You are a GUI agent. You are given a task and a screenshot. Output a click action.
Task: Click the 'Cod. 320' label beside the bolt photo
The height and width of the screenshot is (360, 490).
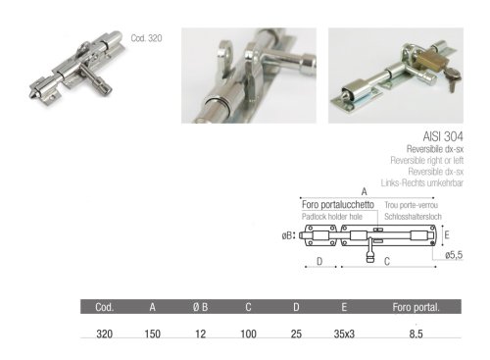coord(145,38)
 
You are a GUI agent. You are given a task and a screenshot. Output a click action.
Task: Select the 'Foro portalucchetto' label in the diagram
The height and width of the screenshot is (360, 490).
coord(334,203)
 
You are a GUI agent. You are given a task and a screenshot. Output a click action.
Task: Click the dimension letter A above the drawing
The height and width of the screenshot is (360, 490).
coord(363,191)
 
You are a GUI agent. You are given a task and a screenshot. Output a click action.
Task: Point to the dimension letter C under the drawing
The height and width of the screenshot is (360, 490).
coord(387,262)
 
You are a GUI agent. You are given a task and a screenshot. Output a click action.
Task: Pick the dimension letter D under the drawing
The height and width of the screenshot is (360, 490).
coord(320,262)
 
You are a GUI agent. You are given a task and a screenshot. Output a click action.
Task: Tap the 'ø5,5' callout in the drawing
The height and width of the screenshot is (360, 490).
coord(452,255)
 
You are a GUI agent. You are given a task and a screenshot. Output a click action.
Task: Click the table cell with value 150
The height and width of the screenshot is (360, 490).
coord(152,334)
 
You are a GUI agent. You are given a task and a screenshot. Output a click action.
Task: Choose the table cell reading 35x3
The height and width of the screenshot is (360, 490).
coord(344,334)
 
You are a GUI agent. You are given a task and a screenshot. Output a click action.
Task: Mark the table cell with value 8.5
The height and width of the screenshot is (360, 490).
coord(416,334)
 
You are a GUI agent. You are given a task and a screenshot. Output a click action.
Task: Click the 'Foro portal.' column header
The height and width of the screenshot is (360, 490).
coord(416,307)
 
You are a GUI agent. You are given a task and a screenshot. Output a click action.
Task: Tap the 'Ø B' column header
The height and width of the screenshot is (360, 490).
coord(199,307)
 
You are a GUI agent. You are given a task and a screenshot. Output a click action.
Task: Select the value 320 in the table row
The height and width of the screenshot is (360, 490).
coord(104,334)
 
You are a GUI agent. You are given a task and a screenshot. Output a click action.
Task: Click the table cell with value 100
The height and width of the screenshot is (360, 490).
coord(249,334)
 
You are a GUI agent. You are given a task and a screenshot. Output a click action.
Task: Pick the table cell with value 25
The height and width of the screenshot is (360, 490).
coord(296,334)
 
